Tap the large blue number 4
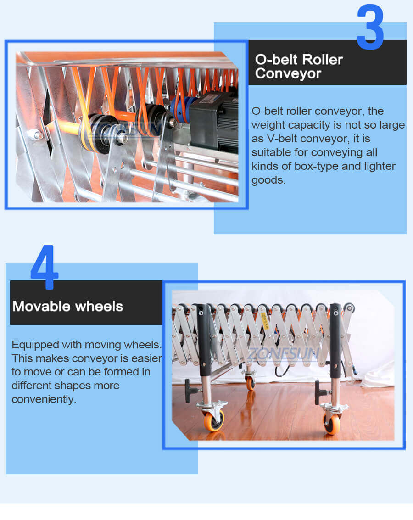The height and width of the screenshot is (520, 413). point(45,268)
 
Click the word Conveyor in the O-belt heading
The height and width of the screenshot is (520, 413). point(288,73)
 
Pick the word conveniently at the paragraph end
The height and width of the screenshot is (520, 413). point(43,400)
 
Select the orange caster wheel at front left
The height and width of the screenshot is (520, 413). point(213,419)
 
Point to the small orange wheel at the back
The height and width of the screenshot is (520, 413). point(250,383)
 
